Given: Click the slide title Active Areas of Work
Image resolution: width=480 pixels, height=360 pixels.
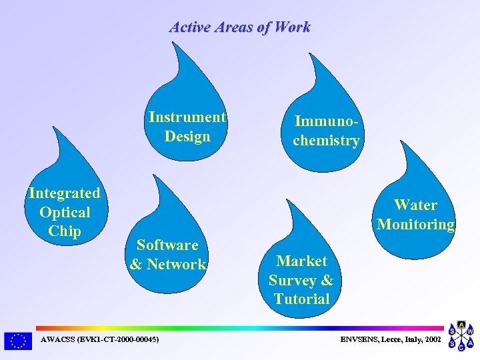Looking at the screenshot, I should [240, 27].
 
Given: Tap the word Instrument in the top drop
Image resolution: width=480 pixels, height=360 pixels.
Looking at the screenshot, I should [187, 117].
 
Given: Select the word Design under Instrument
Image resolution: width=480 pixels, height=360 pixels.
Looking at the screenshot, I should [187, 137].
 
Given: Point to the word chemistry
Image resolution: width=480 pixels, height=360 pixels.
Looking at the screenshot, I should [326, 141].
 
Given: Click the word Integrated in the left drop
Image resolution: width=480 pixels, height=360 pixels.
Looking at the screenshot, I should [65, 193].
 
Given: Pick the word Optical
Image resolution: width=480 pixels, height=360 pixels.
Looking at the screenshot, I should [65, 213].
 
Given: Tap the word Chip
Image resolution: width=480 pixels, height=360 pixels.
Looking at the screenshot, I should [65, 231].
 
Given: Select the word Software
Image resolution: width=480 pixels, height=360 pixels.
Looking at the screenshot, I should [167, 245].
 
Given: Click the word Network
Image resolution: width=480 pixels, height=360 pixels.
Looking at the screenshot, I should [177, 265].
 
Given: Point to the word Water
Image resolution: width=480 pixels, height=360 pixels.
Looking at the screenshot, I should [415, 205].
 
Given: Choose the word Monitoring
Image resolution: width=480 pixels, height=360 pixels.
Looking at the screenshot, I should [415, 225].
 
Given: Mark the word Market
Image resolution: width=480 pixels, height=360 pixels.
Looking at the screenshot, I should [301, 261].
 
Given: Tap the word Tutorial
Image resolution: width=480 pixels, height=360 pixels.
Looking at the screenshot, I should [301, 299].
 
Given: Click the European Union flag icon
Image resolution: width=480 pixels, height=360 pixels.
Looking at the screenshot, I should [17, 341].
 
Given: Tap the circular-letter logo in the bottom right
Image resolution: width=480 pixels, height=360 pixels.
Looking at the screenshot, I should [461, 336].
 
